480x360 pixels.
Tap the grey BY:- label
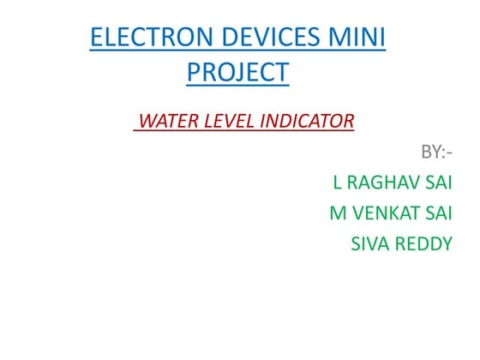click(x=435, y=153)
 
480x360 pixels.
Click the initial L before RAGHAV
click(x=337, y=183)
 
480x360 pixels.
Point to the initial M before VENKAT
click(x=338, y=213)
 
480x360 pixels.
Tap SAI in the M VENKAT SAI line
click(x=437, y=213)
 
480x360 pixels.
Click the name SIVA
click(x=369, y=243)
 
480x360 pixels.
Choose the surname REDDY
click(x=423, y=243)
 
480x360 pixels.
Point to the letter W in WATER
click(x=147, y=121)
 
